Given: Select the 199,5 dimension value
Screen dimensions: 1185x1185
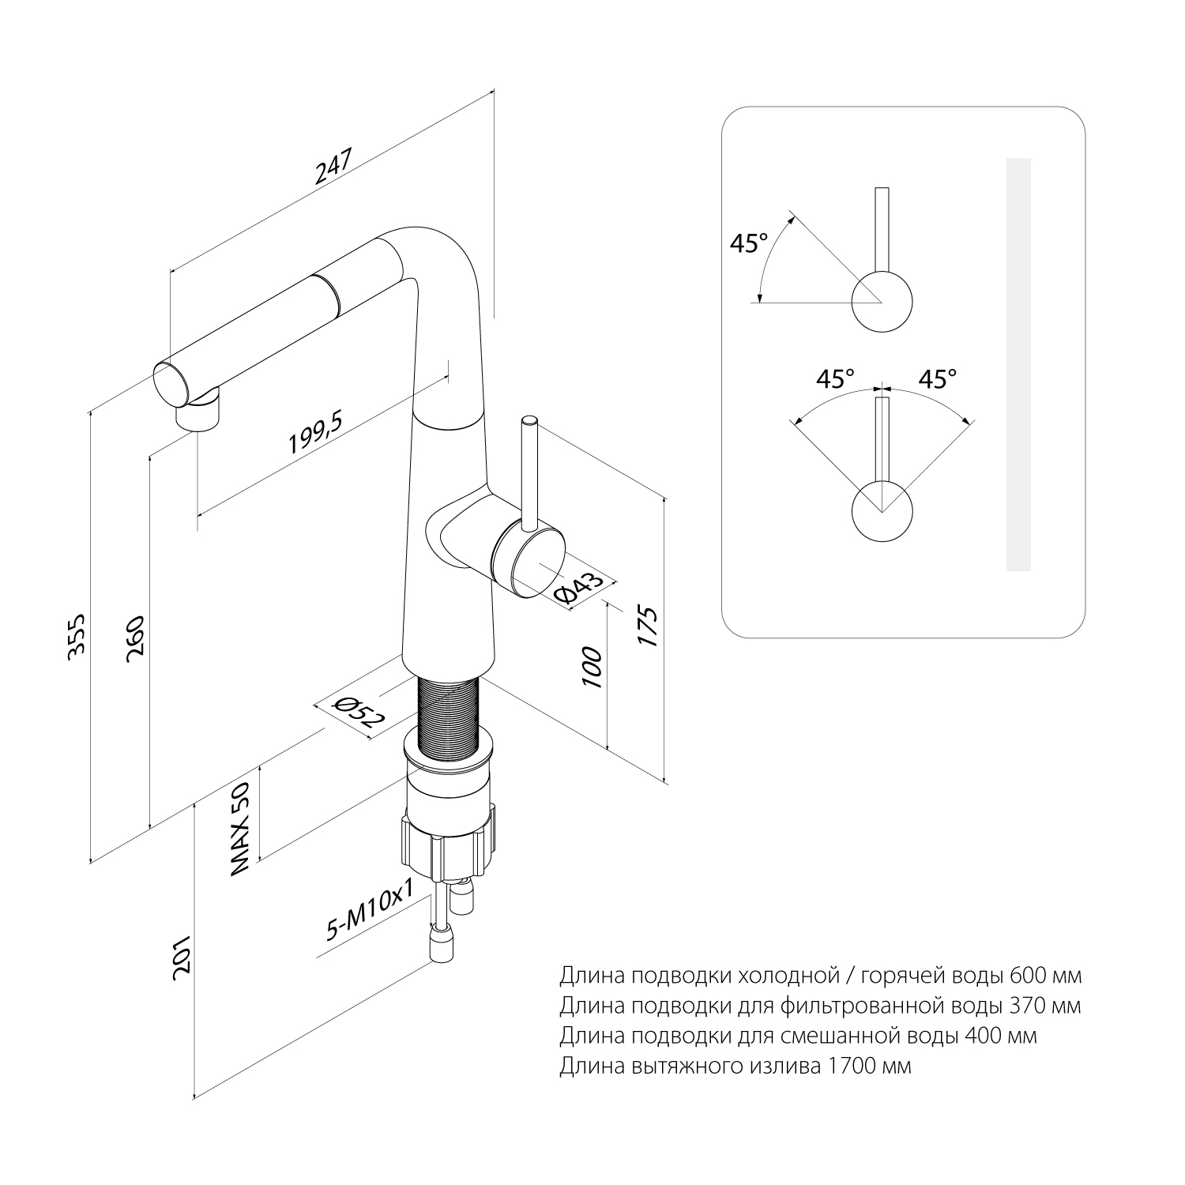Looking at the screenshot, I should click(314, 434).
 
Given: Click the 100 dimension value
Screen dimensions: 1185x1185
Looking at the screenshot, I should click(593, 668).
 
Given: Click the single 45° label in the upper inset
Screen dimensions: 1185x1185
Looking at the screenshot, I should click(748, 243).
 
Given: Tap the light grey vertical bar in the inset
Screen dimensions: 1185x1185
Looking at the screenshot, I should click(1018, 364).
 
